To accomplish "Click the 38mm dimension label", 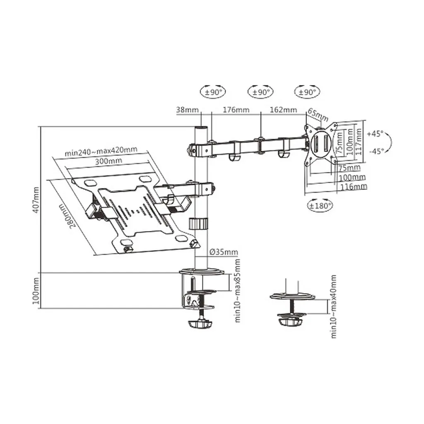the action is click(188, 110).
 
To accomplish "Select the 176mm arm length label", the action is click(236, 110).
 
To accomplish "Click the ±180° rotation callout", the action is click(320, 205).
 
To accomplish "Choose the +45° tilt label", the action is click(375, 134).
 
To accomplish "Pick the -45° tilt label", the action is click(377, 151).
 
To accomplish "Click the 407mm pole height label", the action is click(36, 200).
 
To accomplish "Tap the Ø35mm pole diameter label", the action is click(224, 252).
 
